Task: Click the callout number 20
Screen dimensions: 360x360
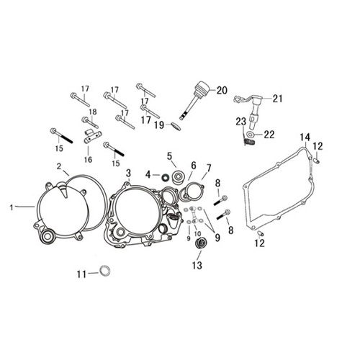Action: [222, 90]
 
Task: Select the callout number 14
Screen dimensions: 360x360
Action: [305, 138]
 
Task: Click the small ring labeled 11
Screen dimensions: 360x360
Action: [103, 271]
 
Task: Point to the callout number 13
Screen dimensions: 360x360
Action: [197, 265]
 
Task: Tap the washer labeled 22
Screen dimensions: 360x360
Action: [251, 135]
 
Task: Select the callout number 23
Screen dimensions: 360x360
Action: [240, 122]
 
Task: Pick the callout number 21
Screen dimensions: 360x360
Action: [277, 99]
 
